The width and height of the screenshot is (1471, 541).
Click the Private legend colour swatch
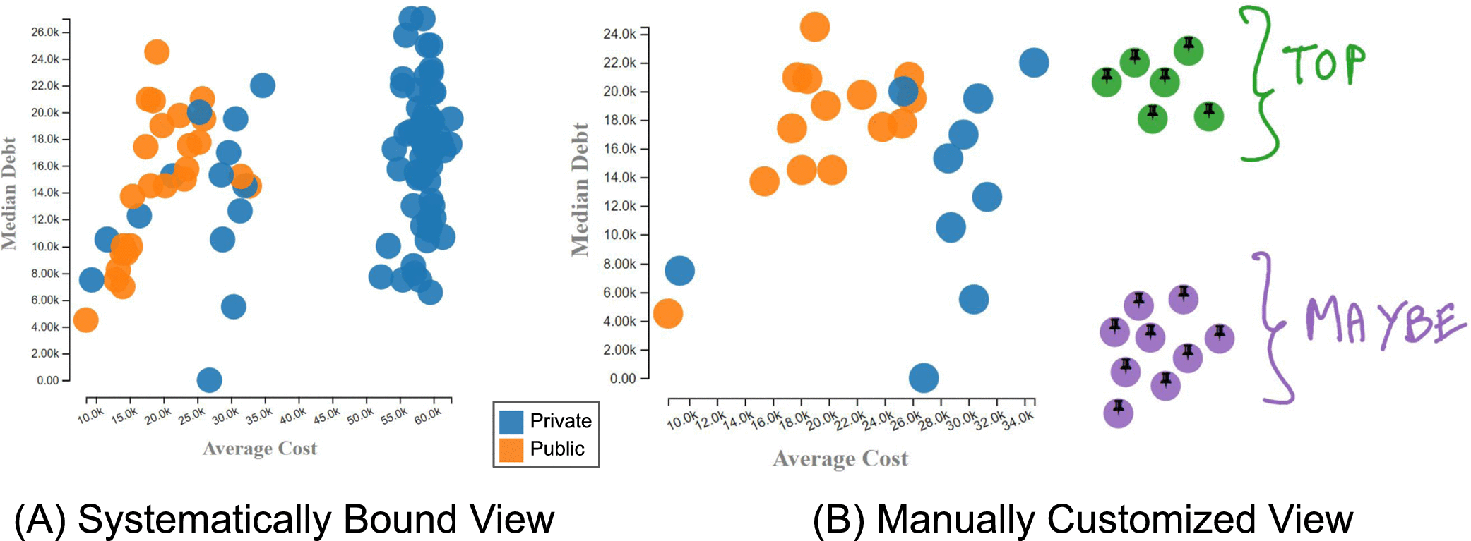tap(511, 422)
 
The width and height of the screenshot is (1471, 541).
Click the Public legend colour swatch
tap(511, 450)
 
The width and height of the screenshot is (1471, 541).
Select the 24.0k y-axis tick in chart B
tap(619, 34)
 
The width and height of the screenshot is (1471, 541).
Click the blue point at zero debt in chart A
tap(209, 380)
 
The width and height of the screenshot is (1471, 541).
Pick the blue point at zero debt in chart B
tap(924, 378)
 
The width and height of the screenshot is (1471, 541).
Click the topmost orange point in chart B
tap(815, 27)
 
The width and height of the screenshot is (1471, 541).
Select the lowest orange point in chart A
tap(85, 320)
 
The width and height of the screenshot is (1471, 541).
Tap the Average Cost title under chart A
tap(260, 449)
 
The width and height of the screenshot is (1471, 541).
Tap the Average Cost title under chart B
tap(840, 459)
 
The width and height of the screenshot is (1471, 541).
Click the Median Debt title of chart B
tap(580, 189)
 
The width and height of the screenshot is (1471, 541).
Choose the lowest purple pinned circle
tap(1119, 413)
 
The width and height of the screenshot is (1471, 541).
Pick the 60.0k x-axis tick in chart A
tap(428, 416)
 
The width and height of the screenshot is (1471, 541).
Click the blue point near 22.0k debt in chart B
tap(1034, 63)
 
